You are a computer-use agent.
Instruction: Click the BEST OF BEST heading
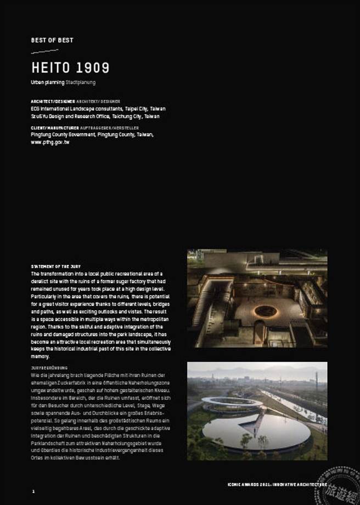[52, 40]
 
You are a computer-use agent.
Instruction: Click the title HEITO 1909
[70, 67]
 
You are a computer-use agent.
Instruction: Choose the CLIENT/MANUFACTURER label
[50, 128]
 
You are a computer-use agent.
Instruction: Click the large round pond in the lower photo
[248, 430]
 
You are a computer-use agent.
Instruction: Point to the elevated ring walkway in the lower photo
[232, 404]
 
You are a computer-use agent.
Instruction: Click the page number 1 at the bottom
[33, 491]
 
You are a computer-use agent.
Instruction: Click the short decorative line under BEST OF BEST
[44, 52]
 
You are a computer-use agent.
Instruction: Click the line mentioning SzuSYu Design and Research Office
[95, 116]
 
